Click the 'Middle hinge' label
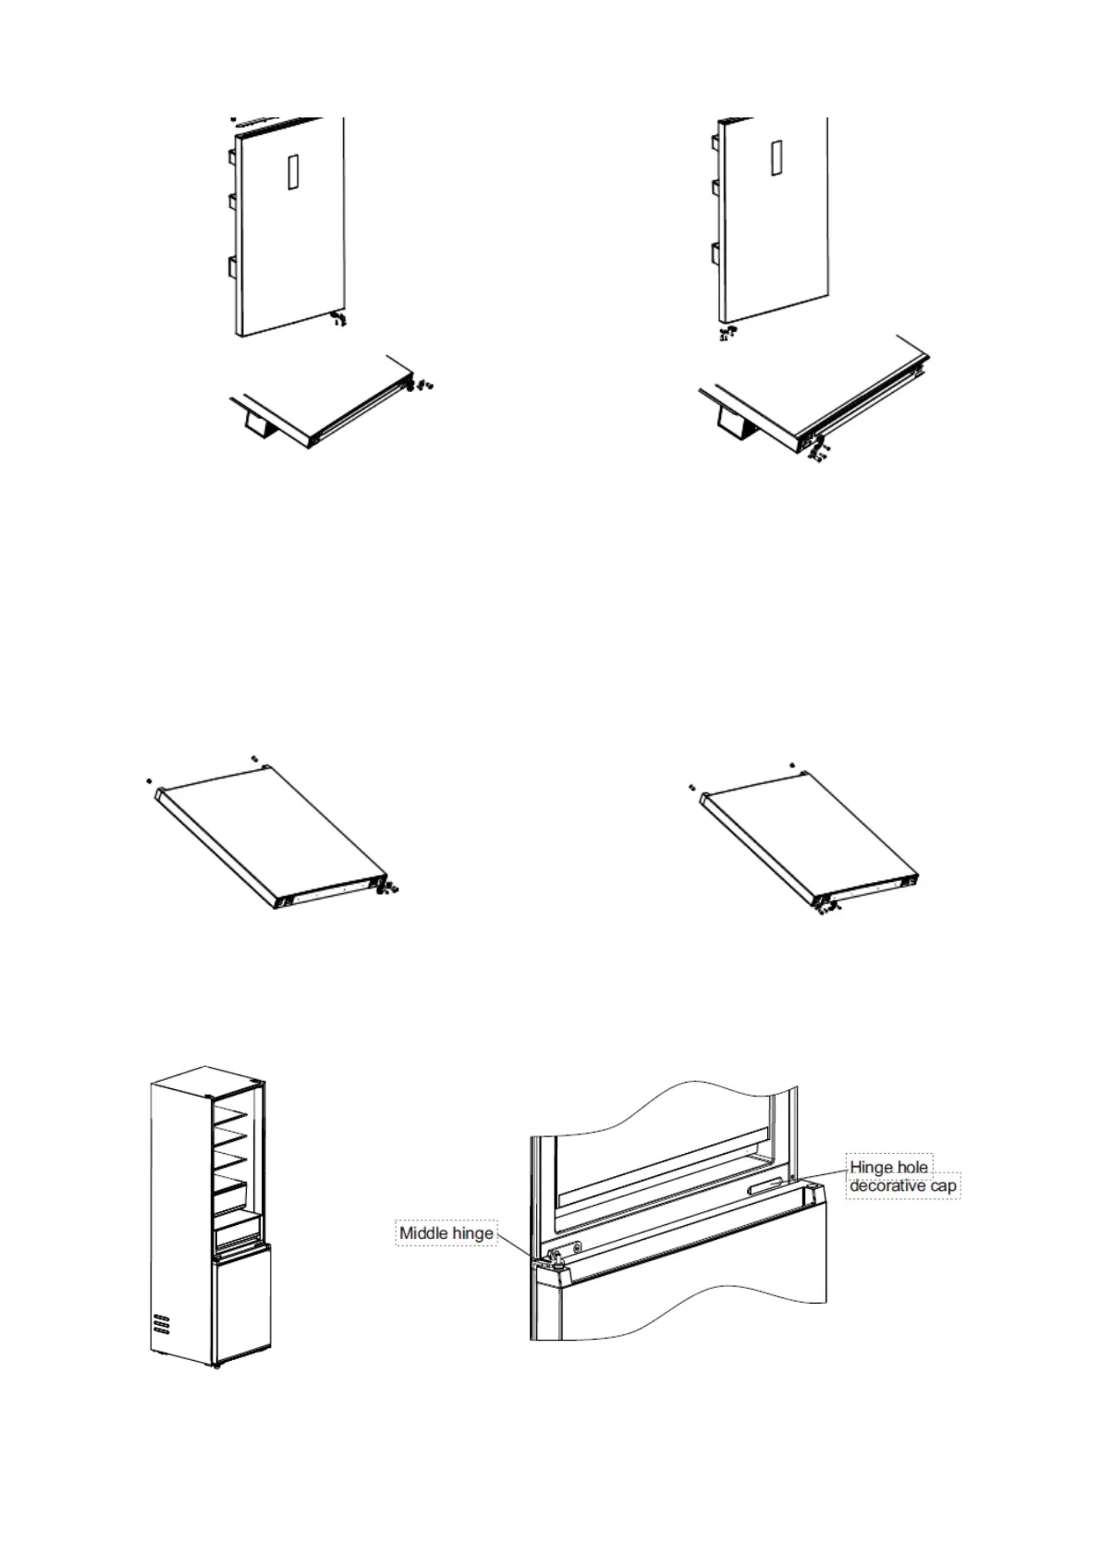[x=446, y=1232]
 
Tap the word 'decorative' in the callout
[x=887, y=1185]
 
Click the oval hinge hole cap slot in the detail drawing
[x=766, y=1184]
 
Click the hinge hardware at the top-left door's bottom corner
[x=338, y=319]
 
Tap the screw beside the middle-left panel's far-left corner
[x=149, y=780]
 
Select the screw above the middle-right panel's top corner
[x=792, y=766]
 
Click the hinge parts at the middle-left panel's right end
[x=388, y=889]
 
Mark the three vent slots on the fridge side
[x=162, y=1323]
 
